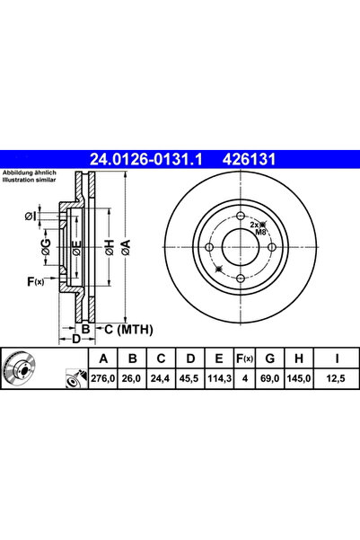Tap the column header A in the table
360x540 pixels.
click(x=104, y=360)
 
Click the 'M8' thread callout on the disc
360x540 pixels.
click(x=261, y=233)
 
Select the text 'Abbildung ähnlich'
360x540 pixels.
click(x=29, y=173)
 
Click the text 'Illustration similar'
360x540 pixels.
click(x=29, y=180)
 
